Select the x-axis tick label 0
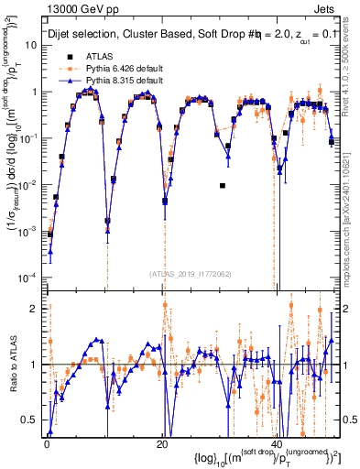[47, 442]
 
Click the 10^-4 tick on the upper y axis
[31, 278]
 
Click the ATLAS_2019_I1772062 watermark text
[192, 273]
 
